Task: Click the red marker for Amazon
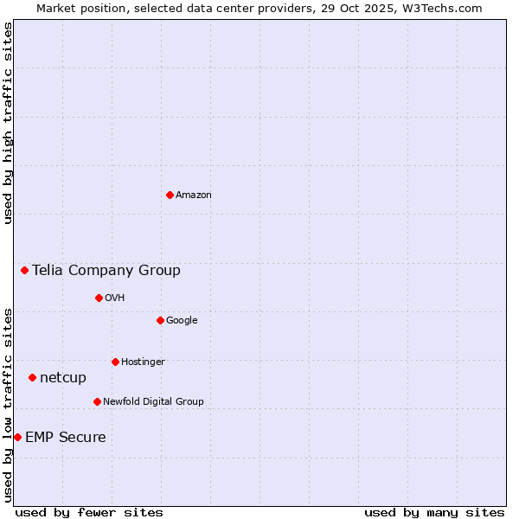coord(170,195)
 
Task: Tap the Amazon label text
coord(194,195)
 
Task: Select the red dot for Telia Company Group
coord(24,270)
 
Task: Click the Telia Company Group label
coord(106,271)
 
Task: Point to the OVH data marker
coord(99,298)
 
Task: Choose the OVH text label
coord(115,298)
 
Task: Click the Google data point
coord(160,320)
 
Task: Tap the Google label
coord(182,321)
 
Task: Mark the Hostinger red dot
coord(115,362)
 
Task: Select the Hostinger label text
coord(143,362)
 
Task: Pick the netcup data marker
coord(32,377)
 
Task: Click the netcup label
coord(63,378)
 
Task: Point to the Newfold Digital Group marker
coord(97,401)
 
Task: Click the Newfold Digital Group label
coord(153,402)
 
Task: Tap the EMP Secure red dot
coord(17,437)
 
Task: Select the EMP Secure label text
coord(66,438)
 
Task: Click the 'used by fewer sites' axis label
coord(89,513)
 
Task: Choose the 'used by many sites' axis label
coord(434,513)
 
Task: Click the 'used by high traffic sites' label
coord(9,123)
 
